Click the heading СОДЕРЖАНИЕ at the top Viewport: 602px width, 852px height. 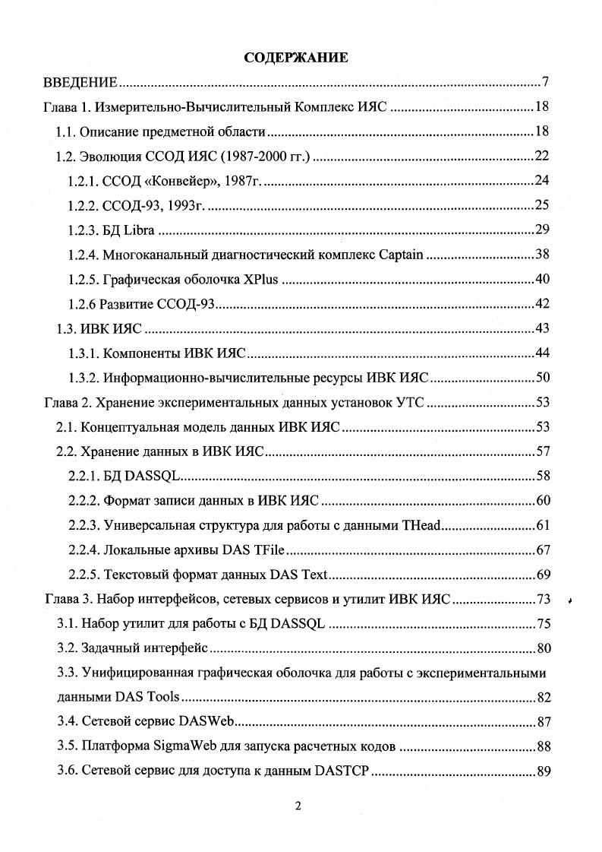point(296,58)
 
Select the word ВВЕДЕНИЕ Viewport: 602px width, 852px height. point(80,82)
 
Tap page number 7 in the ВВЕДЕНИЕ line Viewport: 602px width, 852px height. point(546,82)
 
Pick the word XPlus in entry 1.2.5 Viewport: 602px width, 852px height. point(262,279)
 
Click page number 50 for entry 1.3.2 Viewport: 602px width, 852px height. point(543,377)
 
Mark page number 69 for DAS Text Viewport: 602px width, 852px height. point(543,574)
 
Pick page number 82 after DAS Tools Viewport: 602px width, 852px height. point(543,698)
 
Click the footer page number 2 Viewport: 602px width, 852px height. point(298,828)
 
